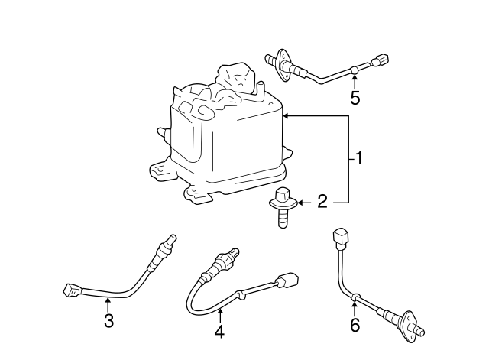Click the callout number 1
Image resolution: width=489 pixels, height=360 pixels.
[x=359, y=158]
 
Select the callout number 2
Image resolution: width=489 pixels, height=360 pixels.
[x=322, y=201]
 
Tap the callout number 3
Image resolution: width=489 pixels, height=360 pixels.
[x=108, y=320]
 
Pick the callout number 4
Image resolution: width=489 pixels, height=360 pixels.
[x=219, y=332]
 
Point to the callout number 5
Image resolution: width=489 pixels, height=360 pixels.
[x=355, y=97]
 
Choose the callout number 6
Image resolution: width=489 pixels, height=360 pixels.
[x=355, y=325]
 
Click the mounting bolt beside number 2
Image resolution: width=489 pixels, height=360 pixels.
[x=282, y=207]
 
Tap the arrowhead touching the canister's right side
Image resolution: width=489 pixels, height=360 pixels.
[x=286, y=116]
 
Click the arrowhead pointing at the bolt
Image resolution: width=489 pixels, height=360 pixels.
[x=300, y=203]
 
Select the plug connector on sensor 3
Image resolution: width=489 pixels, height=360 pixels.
[x=73, y=290]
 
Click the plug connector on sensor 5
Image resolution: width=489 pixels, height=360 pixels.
[x=381, y=60]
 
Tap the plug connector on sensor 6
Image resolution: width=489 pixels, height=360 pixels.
[x=341, y=238]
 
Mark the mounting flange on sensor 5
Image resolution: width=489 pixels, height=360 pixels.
[x=282, y=65]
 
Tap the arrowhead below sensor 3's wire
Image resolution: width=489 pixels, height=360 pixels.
[x=107, y=300]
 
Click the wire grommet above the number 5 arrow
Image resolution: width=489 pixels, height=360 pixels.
[x=355, y=70]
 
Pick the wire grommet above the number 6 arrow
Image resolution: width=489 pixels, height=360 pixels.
[x=355, y=297]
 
